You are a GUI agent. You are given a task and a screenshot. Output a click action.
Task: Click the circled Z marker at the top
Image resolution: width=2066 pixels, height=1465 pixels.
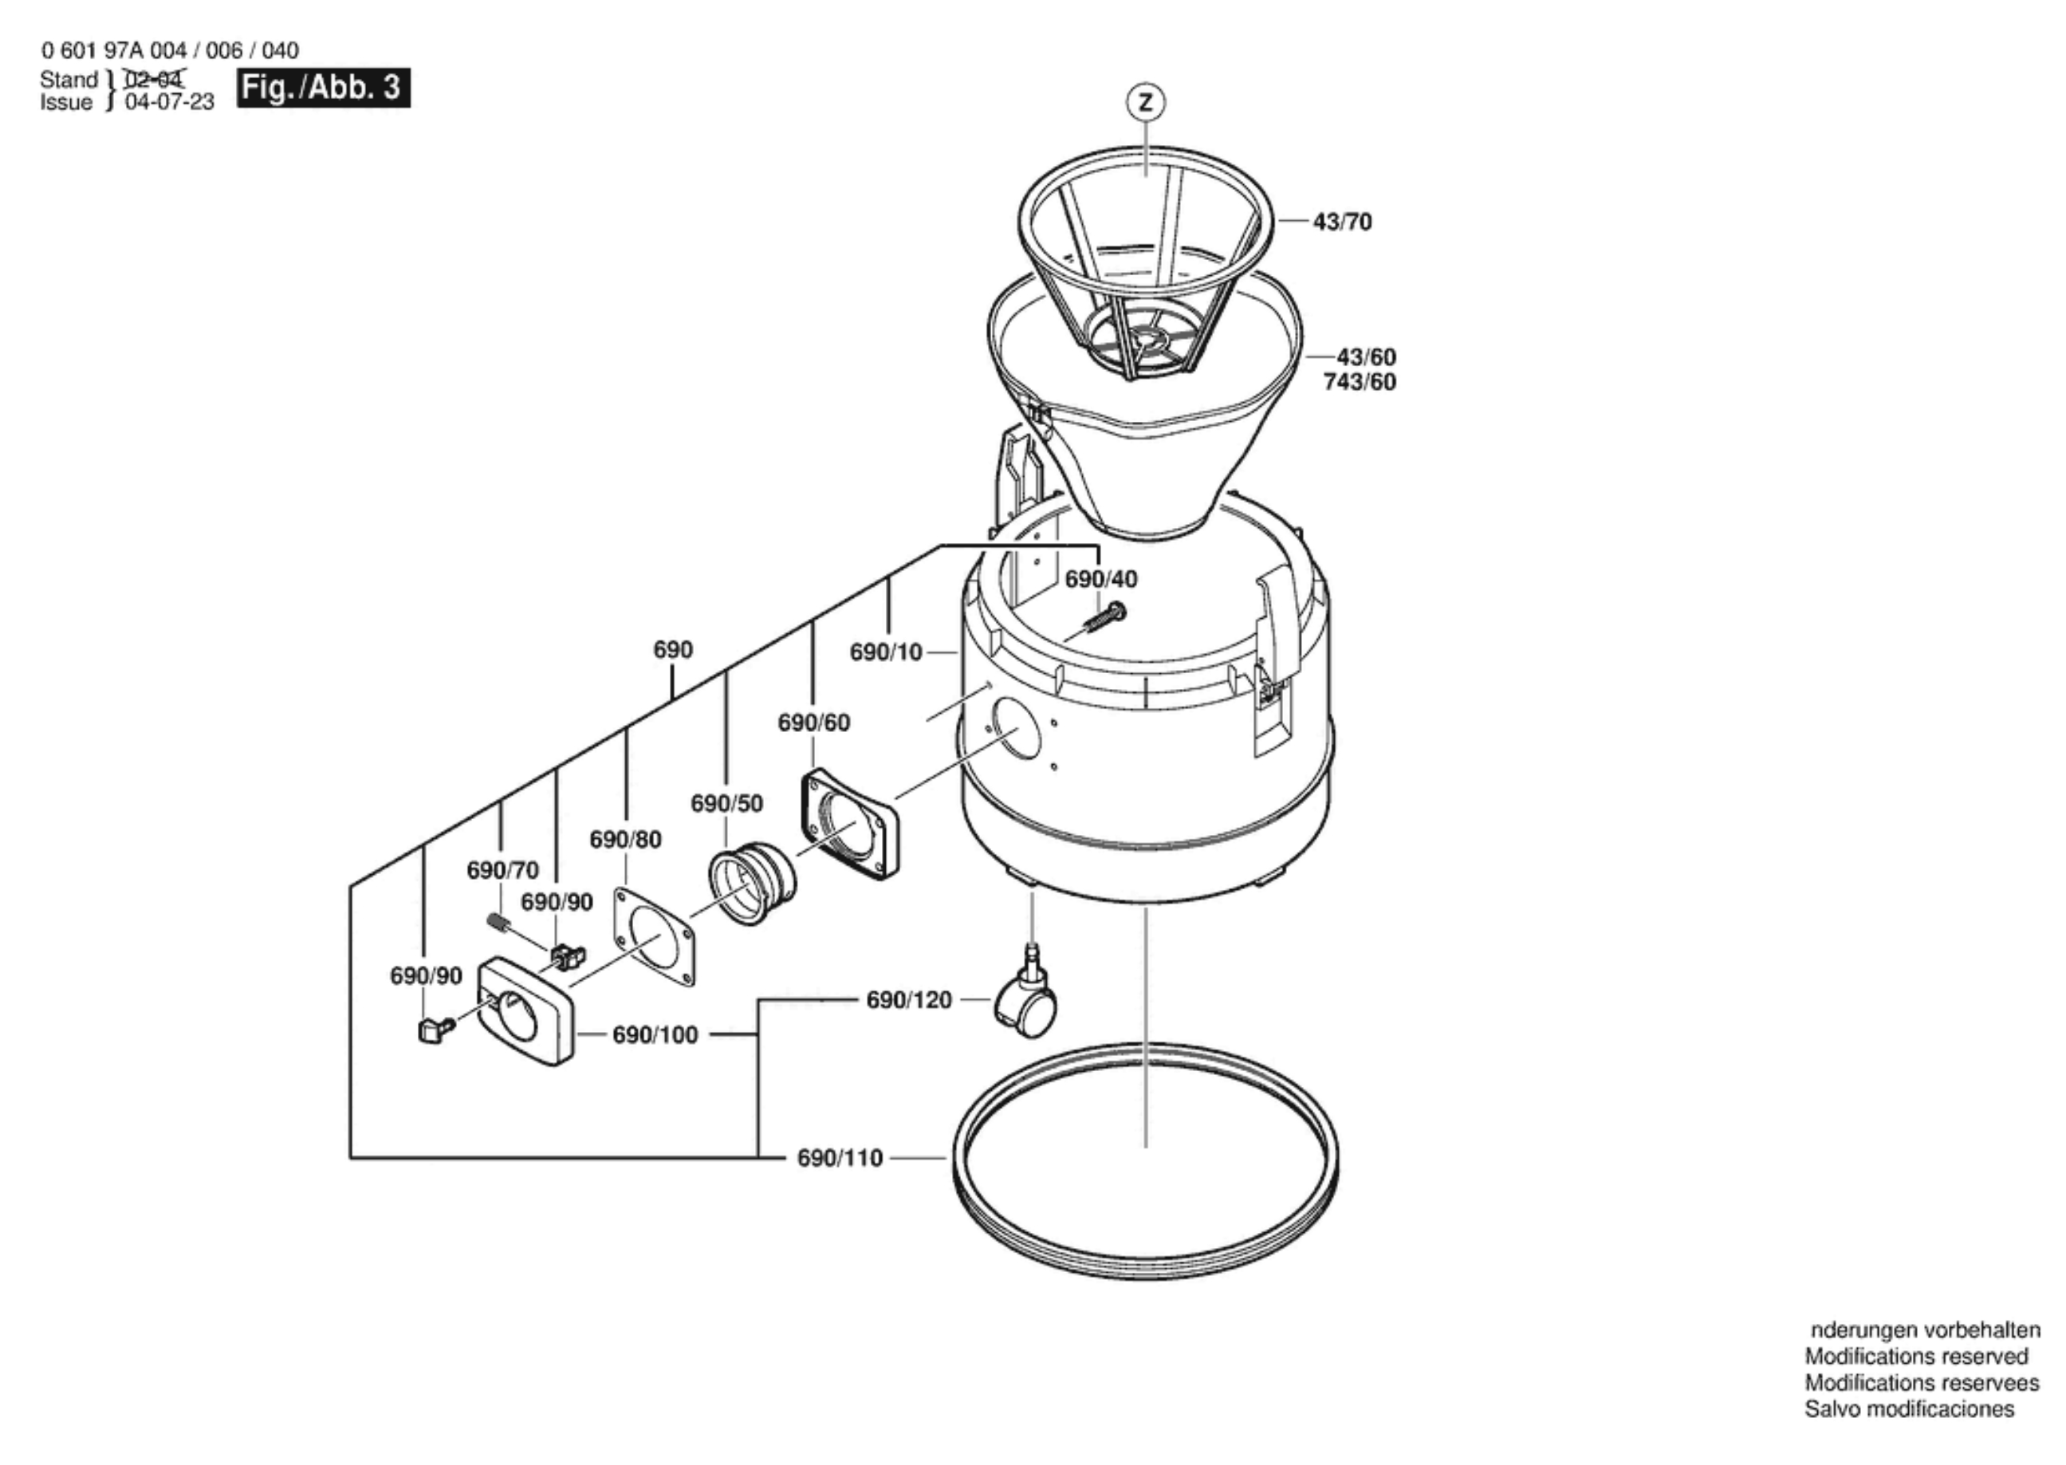[x=1145, y=102]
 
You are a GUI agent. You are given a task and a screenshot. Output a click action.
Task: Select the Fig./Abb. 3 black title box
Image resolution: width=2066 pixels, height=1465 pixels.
[x=323, y=88]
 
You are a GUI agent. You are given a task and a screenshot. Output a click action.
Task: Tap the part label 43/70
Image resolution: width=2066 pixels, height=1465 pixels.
[x=1342, y=222]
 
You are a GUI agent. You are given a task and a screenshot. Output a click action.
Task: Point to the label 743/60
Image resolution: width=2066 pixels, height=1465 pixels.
[x=1359, y=383]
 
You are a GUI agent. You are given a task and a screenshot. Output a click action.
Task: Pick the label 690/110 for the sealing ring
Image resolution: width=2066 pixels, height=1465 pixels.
[x=840, y=1158]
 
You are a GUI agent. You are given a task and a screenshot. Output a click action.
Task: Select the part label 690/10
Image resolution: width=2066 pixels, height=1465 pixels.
[x=886, y=652]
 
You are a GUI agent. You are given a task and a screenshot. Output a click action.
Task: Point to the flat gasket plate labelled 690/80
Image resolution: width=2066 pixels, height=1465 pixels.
[x=656, y=938]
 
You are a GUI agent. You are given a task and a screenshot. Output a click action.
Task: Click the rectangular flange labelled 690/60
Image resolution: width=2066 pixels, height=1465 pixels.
[x=849, y=823]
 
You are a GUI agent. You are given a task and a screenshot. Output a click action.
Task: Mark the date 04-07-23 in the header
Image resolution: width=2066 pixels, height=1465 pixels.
[x=170, y=102]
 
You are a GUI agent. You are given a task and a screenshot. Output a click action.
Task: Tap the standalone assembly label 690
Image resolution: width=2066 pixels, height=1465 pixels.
[x=673, y=649]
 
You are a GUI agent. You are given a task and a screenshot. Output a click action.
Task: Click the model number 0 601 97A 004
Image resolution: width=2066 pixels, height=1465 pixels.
[x=113, y=50]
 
